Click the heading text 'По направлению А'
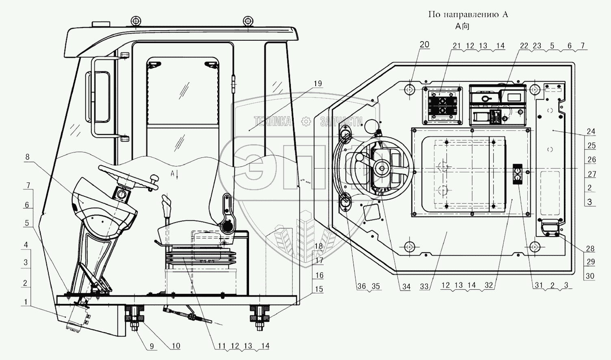coord(468,15)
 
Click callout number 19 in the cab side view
coord(317,83)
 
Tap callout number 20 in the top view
coord(424,45)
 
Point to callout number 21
coord(457,46)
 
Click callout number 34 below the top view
coord(406,286)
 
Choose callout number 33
coord(425,286)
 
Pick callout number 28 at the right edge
coord(590,249)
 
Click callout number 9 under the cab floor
coord(151,346)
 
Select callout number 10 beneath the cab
coord(175,346)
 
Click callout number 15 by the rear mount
coord(319,289)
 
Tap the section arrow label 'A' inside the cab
coord(173,173)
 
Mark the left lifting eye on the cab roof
coord(136,20)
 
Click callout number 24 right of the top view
coord(591,131)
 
